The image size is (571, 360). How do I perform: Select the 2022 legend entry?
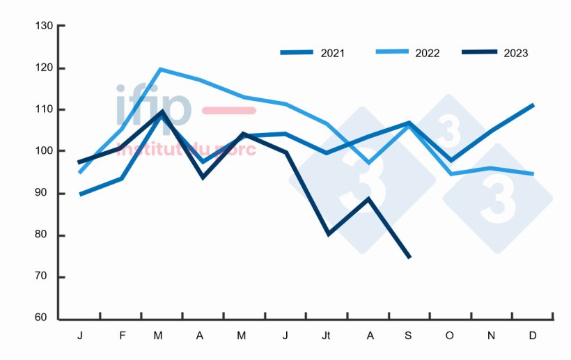coord(407,53)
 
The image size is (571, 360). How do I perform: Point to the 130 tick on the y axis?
coord(44,26)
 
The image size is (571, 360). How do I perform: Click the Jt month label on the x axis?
coord(326,336)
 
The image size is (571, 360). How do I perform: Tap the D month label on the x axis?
coord(533,336)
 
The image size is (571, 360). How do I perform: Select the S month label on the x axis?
coord(408,336)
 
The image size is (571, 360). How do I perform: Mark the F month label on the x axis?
coord(123,336)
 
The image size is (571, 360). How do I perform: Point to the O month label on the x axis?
coord(450,336)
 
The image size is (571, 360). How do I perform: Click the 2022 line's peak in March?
coord(160,69)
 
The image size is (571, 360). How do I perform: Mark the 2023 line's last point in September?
coord(409,258)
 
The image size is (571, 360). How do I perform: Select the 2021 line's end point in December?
coord(533,105)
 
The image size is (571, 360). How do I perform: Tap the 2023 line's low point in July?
coord(327,234)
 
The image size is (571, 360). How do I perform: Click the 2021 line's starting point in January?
coord(81,194)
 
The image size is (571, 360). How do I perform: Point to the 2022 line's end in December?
coord(533,174)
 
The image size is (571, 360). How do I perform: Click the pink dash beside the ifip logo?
coord(228,110)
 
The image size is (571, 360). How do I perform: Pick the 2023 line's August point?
coord(368,198)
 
